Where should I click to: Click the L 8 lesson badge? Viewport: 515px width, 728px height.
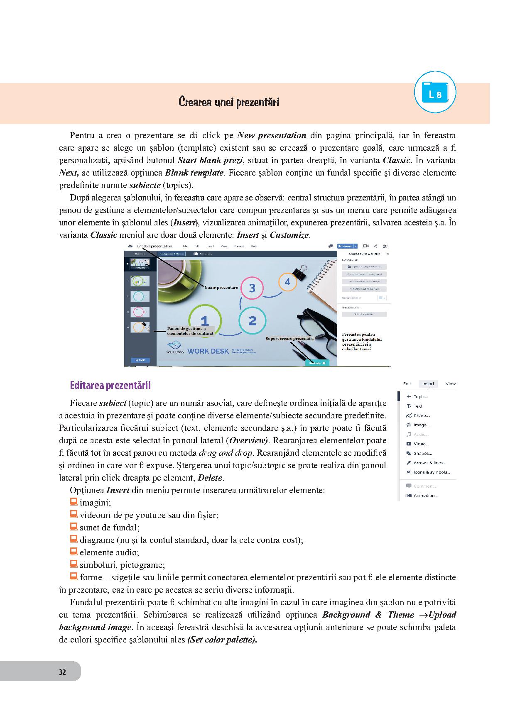coord(435,93)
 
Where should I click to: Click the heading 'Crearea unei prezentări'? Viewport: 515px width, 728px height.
coord(228,102)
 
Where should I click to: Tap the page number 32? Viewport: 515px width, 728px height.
coord(62,672)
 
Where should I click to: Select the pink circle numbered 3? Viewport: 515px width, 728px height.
coord(252,288)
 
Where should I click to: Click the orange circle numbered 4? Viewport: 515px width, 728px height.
coord(287,282)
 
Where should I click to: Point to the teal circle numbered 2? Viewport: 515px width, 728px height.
coord(252,320)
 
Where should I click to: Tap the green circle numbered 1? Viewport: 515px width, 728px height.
coord(204,321)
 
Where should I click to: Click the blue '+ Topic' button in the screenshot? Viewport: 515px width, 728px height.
coord(140,360)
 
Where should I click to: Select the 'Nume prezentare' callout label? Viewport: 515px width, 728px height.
coord(221,287)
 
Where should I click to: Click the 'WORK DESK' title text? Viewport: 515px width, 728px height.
coord(208,351)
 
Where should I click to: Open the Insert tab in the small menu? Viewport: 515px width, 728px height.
coord(428,384)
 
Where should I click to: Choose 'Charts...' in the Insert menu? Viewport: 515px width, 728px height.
coord(422,415)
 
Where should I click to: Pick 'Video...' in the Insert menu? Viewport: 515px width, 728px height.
coord(421,444)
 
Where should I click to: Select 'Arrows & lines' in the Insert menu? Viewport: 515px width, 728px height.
coord(429,463)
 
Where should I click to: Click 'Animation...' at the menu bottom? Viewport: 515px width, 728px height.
coord(425,496)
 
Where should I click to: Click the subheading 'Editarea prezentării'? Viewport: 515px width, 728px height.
coord(110,386)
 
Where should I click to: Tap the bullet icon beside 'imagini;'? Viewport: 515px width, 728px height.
coord(74,502)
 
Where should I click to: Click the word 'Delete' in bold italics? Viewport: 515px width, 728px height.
coord(210,478)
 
